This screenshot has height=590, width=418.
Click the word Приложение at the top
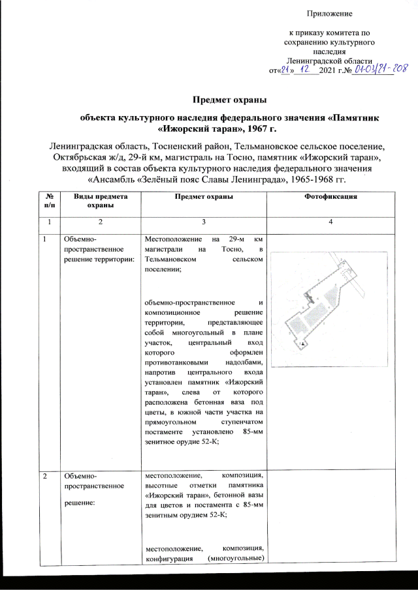(x=330, y=13)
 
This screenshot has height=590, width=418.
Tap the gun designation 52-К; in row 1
(x=206, y=441)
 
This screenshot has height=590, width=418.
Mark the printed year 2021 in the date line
(x=326, y=70)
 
